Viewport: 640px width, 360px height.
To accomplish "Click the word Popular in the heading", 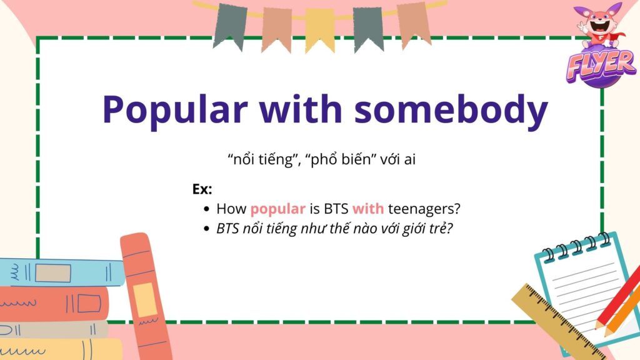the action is point(175,110).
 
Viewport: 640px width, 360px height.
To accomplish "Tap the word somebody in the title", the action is point(451,109).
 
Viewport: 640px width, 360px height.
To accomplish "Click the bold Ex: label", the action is point(202,189).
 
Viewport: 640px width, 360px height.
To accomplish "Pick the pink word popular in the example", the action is point(277,209).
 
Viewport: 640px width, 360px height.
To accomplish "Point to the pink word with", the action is point(367,209).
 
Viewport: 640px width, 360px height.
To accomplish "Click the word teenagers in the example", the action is point(424,209).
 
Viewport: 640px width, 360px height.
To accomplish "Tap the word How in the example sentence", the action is point(231,209).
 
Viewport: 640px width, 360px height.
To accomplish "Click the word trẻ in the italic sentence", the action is point(441,229).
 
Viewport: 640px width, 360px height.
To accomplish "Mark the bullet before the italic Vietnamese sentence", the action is point(206,229).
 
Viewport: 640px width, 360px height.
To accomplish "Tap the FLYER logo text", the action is point(601,65).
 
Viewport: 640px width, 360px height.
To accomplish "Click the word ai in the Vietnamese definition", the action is point(410,159).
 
